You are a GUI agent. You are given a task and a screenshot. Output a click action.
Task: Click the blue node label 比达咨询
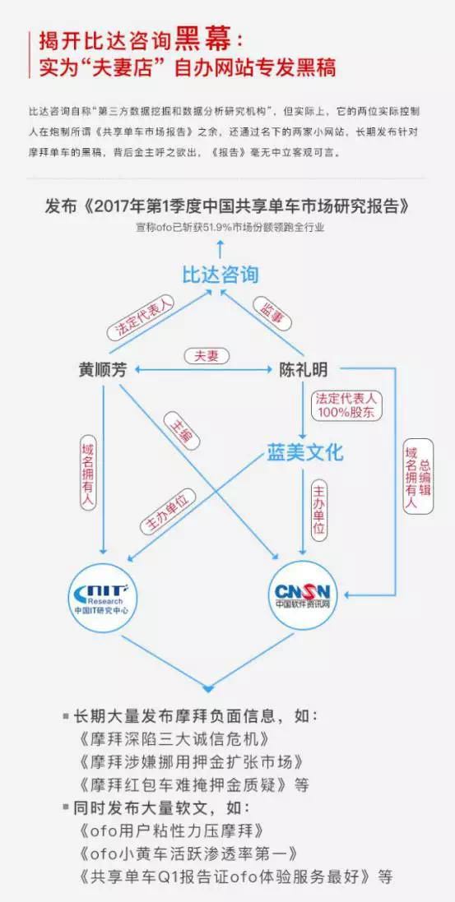click(221, 274)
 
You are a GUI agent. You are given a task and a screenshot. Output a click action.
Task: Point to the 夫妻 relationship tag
click(207, 356)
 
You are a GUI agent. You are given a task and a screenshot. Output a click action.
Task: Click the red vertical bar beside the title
click(29, 54)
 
